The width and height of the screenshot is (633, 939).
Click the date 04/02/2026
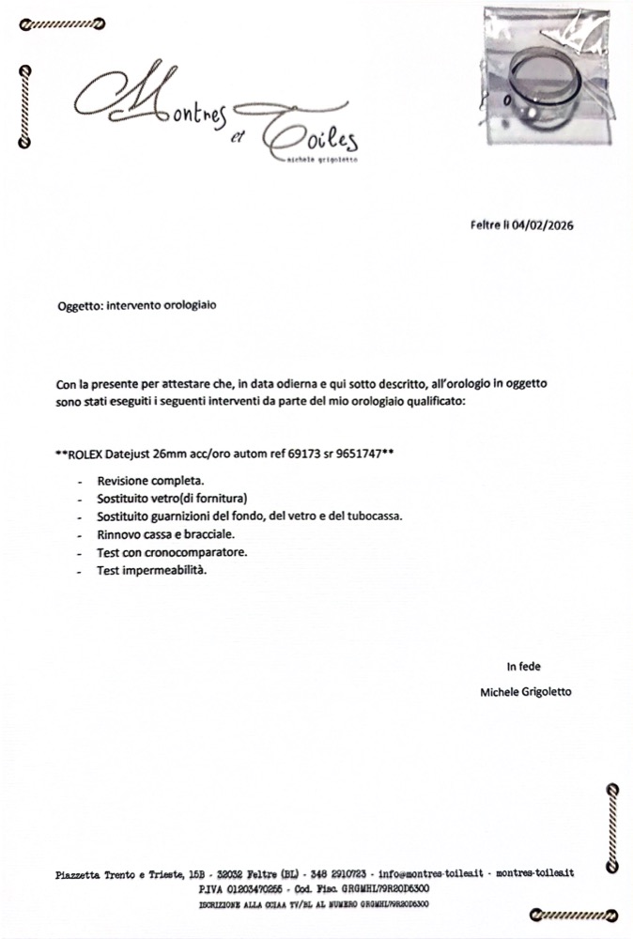tap(544, 225)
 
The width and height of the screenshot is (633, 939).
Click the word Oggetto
tap(79, 305)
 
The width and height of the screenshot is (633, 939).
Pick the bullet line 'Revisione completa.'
tap(145, 481)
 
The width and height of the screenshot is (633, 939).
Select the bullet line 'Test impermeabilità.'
tap(150, 570)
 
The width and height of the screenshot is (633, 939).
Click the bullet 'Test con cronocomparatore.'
tap(171, 552)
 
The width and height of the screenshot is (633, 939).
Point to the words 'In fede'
tap(524, 667)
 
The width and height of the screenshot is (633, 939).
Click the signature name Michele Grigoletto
tap(525, 692)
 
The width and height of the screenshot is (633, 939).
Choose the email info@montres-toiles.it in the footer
tap(431, 874)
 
